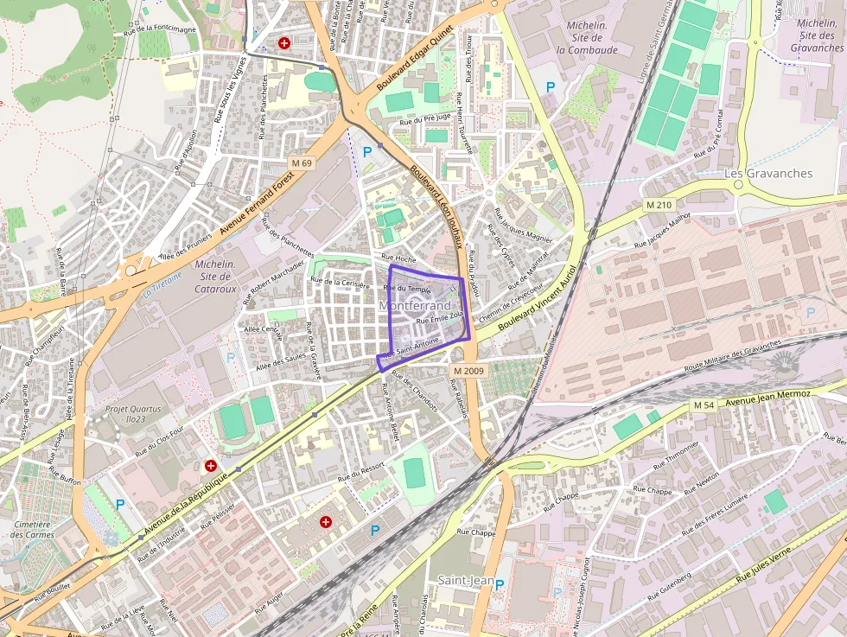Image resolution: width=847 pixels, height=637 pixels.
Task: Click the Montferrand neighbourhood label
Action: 415,306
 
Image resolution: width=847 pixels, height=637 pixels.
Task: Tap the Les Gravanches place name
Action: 768,173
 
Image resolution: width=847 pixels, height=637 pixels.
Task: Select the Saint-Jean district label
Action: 466,580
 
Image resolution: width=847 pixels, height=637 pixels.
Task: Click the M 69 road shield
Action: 302,163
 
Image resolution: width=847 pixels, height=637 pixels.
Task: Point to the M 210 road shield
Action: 659,205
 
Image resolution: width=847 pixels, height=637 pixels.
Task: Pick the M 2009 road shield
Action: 467,370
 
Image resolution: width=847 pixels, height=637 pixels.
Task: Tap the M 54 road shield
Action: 704,405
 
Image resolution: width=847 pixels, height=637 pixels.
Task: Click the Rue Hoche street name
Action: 398,258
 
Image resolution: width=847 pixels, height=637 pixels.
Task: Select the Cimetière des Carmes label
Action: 34,529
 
